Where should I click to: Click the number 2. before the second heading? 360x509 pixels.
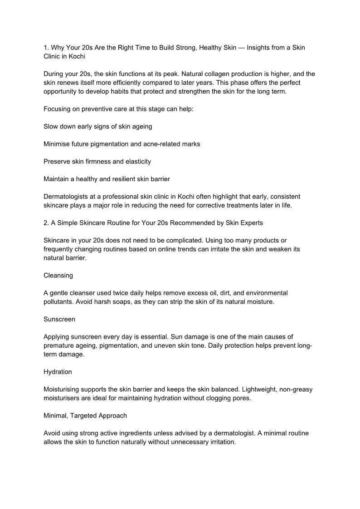(46, 223)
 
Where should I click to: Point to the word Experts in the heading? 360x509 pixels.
(251, 223)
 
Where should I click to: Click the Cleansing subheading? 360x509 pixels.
(58, 275)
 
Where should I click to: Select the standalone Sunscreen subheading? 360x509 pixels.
(59, 319)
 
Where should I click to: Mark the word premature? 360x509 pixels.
(59, 345)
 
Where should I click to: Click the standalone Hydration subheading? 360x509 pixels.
(58, 372)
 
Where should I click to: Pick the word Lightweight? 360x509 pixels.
(264, 389)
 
